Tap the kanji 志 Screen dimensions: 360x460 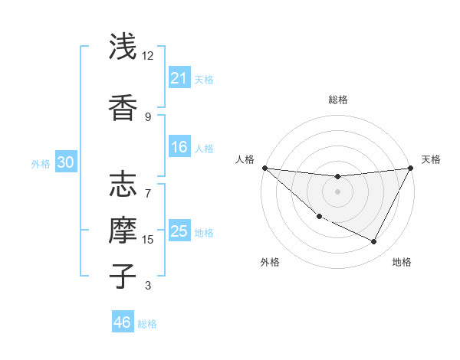tap(124, 185)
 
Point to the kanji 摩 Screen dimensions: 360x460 tap(124, 230)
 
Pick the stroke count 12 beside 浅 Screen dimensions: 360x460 tap(148, 56)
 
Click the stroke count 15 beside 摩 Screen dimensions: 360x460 tap(148, 240)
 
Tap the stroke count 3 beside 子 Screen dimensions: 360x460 tap(148, 286)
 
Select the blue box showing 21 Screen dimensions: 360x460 tap(179, 78)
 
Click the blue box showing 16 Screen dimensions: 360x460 tap(179, 148)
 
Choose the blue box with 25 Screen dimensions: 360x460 tap(179, 231)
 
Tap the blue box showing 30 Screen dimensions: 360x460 tap(65, 162)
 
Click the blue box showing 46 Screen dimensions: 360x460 tap(122, 322)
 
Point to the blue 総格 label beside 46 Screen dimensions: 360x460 tap(147, 324)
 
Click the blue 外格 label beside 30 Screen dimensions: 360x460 tap(41, 163)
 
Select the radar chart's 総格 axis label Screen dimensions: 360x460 tap(337, 100)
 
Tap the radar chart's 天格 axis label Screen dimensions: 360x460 tap(431, 159)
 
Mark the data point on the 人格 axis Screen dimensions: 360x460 tap(264, 168)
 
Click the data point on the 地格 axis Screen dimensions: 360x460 tap(374, 242)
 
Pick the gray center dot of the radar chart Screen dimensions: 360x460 tap(337, 191)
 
